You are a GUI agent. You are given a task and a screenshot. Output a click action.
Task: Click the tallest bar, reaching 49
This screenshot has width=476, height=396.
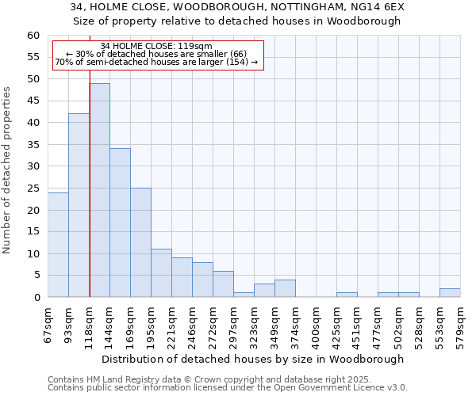[x=99, y=190]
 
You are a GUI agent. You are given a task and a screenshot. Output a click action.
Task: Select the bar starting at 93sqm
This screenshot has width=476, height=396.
[x=79, y=205]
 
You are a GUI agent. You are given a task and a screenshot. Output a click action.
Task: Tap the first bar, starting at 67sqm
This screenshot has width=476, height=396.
[x=58, y=245]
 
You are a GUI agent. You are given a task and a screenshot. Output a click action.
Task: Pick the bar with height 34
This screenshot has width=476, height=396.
[x=120, y=223]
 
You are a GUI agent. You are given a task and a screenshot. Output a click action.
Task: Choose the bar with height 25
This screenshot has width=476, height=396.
[x=140, y=242]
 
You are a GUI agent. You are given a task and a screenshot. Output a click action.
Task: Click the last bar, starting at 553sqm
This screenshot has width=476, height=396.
[x=450, y=293]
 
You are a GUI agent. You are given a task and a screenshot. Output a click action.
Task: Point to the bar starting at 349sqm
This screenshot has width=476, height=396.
[x=285, y=288]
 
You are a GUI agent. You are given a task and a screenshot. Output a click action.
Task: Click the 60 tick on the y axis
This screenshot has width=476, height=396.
[x=33, y=36]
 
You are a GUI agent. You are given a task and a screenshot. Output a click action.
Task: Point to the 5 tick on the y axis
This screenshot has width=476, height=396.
[x=36, y=276]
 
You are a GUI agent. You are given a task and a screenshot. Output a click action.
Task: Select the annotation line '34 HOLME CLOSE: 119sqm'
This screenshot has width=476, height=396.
[x=156, y=46]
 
